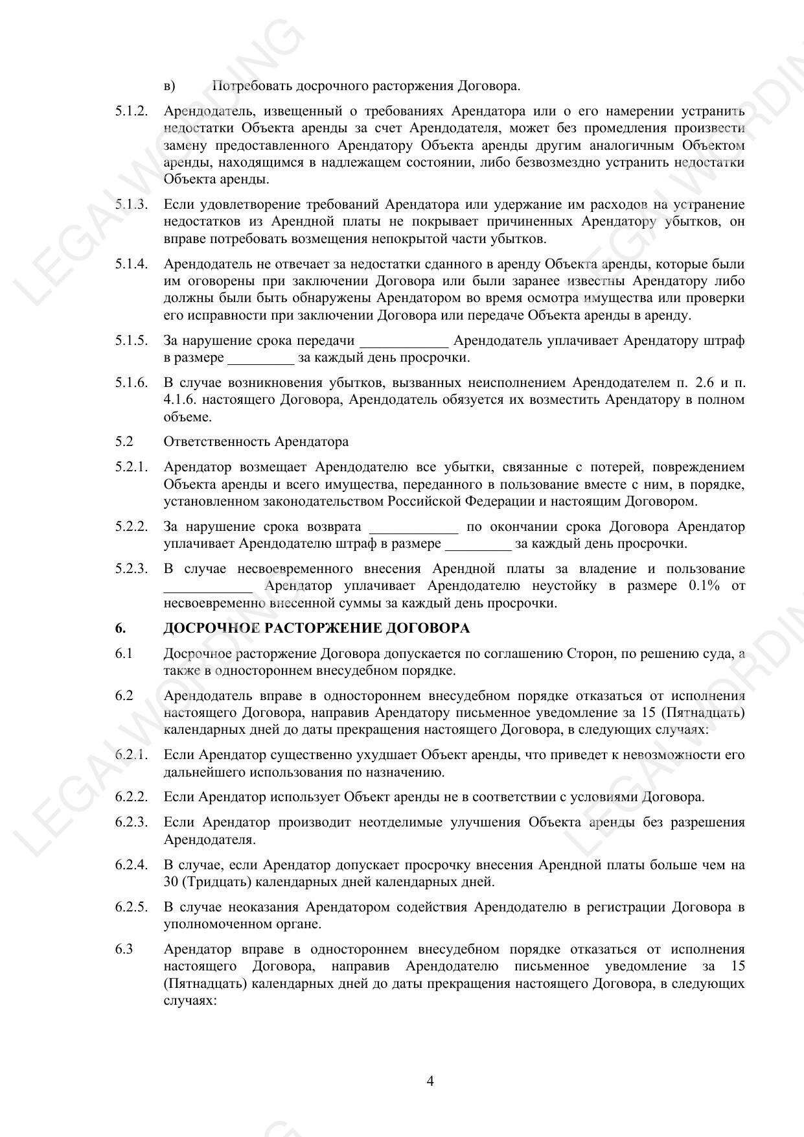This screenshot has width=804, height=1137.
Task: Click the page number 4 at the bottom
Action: [430, 1081]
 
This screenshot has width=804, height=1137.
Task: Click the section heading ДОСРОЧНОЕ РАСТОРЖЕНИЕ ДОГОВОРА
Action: [316, 628]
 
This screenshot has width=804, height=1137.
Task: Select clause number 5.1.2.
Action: [132, 111]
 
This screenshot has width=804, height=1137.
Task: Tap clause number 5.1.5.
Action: [132, 340]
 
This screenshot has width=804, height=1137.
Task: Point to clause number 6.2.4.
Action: [132, 865]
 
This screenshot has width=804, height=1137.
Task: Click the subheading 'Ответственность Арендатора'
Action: [256, 441]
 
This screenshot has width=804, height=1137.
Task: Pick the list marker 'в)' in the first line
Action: [170, 86]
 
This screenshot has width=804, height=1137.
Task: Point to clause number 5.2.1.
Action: [132, 467]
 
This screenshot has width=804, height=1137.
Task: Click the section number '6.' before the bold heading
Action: [121, 628]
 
